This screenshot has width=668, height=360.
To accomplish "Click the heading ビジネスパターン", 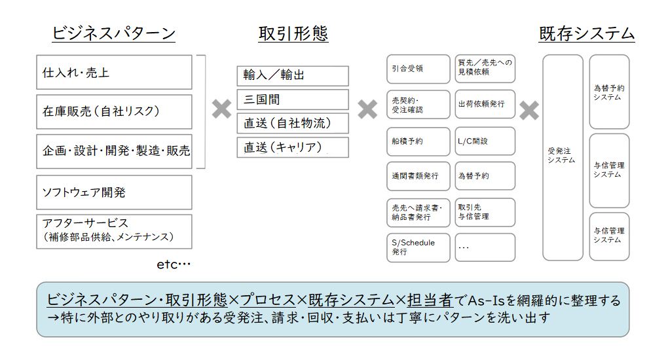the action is [x=114, y=33].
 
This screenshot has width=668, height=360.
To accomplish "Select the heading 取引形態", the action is [x=293, y=33].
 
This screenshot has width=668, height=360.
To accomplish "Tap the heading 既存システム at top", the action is [x=587, y=33].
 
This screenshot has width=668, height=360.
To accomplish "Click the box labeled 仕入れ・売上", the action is [x=114, y=72].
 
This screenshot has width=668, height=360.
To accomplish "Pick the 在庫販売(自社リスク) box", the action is [x=114, y=112].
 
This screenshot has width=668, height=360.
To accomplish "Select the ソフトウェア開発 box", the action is [x=114, y=192].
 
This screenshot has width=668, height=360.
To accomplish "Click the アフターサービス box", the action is [x=114, y=231].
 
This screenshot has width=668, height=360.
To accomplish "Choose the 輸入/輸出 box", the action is [x=293, y=76].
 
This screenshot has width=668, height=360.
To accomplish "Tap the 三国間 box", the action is [x=293, y=99].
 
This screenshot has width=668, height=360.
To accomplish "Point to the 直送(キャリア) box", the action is [x=293, y=147].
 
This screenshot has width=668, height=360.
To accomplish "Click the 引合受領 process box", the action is [x=418, y=69].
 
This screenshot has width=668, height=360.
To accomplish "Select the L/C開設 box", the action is [x=485, y=141].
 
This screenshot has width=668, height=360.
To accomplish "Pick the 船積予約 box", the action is [x=418, y=141].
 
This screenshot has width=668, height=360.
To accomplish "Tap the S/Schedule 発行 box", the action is [x=418, y=247].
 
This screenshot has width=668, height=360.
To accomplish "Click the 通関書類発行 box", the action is [x=418, y=176].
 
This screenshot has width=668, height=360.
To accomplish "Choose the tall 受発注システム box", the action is [x=563, y=157].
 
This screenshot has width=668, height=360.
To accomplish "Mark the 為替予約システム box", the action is [x=609, y=92].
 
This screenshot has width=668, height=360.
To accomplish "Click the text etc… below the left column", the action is [x=174, y=264].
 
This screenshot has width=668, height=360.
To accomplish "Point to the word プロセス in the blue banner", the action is [x=268, y=300].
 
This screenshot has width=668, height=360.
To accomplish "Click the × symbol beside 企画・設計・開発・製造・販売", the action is [x=221, y=109].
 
